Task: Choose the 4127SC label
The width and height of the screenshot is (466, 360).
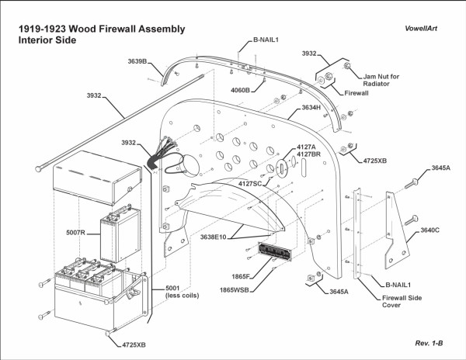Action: [x=254, y=183]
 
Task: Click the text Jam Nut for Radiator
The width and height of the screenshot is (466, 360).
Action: [x=381, y=81]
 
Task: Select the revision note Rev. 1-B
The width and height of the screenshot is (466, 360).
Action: [x=429, y=341]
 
